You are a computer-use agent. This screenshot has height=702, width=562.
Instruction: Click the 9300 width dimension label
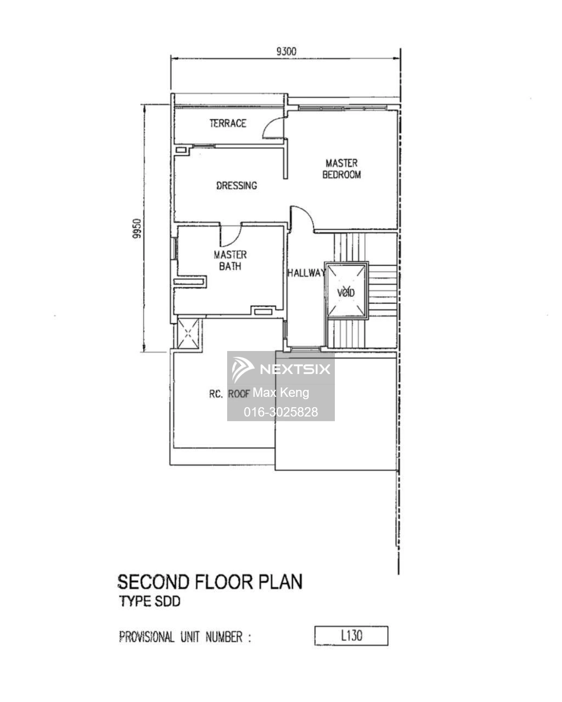[286, 51]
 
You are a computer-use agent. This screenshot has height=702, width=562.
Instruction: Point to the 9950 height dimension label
[137, 228]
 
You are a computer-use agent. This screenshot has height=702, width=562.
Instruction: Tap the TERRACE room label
[228, 123]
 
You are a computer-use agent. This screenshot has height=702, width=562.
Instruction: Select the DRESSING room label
[237, 185]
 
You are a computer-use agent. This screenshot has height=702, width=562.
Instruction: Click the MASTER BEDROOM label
[341, 168]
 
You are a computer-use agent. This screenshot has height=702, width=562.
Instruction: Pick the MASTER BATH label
[230, 260]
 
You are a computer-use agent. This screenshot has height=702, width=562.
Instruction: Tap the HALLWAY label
[306, 272]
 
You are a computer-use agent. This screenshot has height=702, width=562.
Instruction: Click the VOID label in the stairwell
[346, 292]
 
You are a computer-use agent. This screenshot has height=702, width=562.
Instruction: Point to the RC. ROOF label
[229, 394]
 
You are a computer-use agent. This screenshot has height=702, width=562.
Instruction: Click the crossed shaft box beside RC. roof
[188, 333]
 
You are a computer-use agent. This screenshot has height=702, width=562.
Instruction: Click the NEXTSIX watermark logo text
[295, 369]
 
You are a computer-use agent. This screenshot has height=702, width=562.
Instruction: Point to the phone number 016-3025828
[281, 412]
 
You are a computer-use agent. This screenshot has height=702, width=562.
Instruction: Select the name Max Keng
[281, 393]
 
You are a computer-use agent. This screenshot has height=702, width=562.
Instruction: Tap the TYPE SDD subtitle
[149, 601]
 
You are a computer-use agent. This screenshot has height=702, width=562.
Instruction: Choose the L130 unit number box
[351, 636]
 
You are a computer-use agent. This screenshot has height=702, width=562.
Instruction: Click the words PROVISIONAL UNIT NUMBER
[181, 637]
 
